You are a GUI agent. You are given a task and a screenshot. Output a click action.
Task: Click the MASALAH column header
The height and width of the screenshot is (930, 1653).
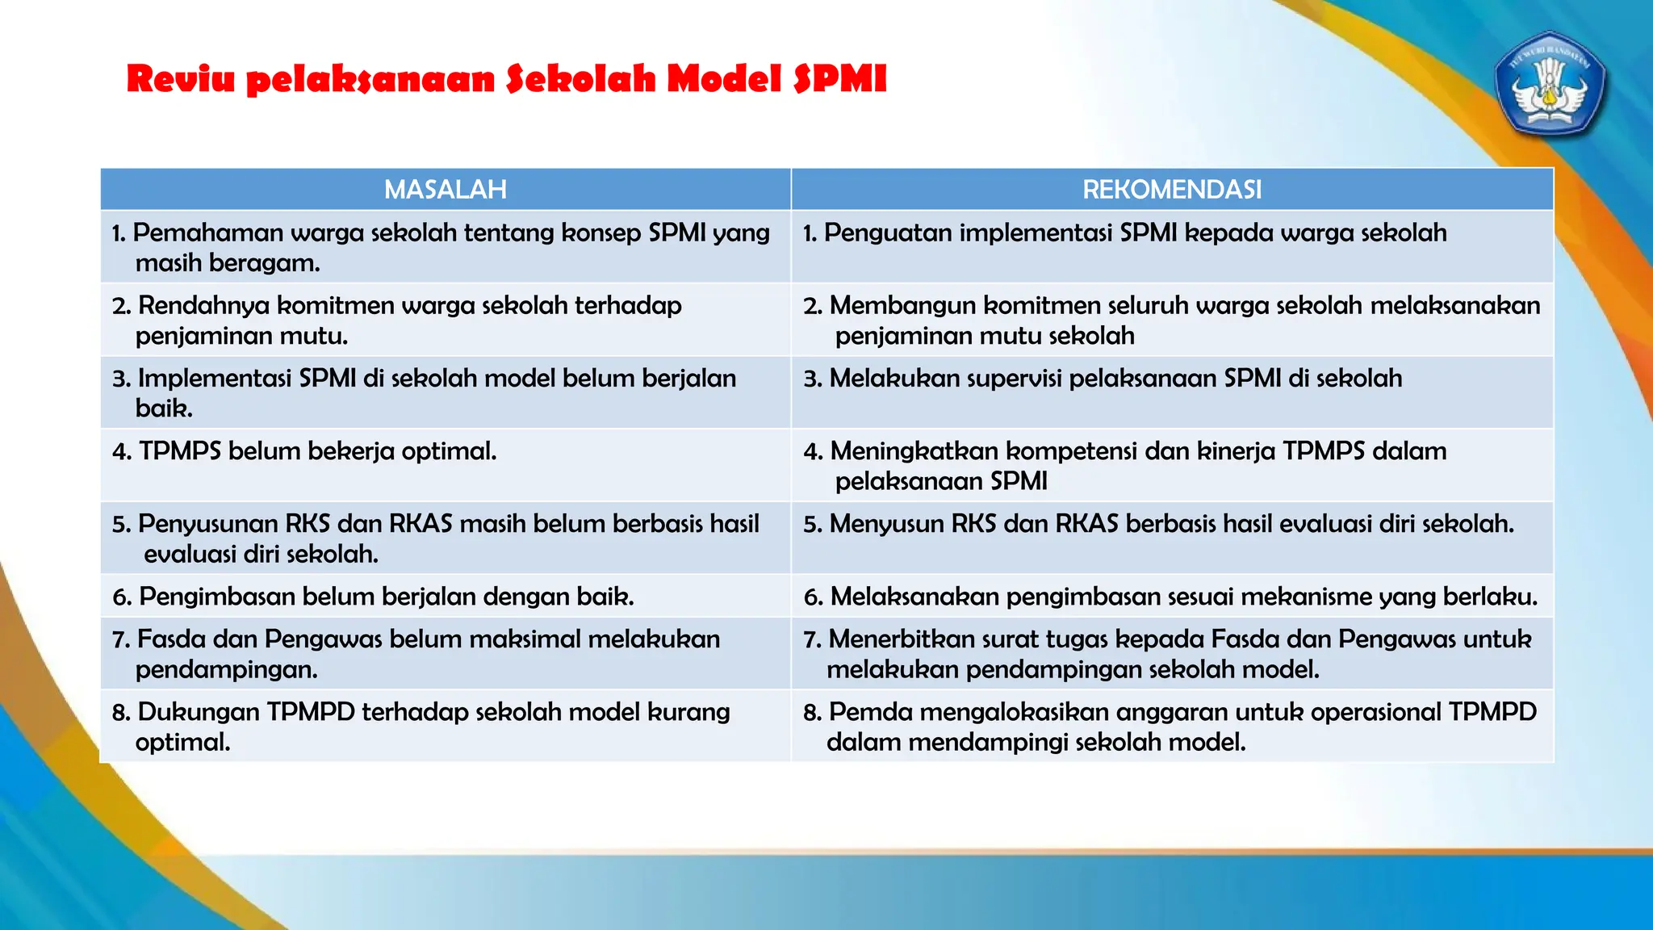tap(446, 190)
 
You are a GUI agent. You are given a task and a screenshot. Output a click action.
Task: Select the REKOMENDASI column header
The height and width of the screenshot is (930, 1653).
tap(1172, 190)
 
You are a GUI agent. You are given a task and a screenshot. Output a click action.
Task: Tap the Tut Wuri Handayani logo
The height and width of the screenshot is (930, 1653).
tap(1550, 84)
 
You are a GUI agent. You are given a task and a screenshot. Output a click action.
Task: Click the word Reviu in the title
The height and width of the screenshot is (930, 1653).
tap(181, 79)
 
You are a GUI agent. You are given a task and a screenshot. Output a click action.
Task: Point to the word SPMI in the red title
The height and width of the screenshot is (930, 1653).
tap(840, 79)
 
